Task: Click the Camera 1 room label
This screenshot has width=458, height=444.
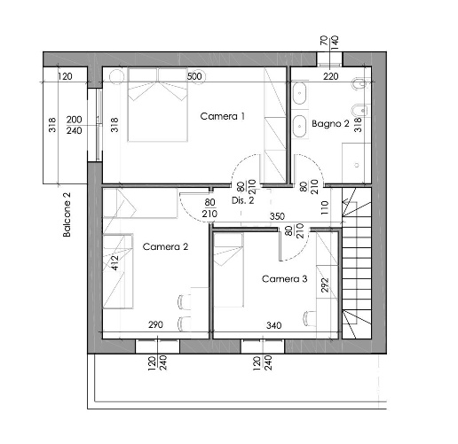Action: (223, 116)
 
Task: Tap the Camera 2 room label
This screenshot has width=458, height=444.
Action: (165, 246)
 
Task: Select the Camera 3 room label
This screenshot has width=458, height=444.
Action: (285, 278)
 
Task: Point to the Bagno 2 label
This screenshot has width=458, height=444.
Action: (330, 123)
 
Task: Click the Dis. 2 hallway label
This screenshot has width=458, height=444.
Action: (242, 200)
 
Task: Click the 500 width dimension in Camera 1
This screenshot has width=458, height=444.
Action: (194, 76)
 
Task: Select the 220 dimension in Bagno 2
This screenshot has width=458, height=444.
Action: (330, 76)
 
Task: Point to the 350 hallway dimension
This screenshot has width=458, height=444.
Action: (277, 216)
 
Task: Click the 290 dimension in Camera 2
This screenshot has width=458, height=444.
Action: (155, 324)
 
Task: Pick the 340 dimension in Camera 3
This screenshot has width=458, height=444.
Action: (273, 325)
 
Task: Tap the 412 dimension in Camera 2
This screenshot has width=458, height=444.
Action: (114, 262)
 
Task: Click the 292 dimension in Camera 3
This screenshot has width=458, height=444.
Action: (325, 284)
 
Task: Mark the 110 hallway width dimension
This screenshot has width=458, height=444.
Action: (325, 207)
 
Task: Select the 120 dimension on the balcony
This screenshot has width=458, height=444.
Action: (65, 76)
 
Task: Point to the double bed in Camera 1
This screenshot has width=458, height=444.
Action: (158, 105)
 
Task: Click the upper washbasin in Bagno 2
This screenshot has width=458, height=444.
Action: (299, 93)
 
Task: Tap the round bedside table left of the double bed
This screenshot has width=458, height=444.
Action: (116, 76)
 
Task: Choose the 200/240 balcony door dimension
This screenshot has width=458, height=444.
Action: (74, 125)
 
